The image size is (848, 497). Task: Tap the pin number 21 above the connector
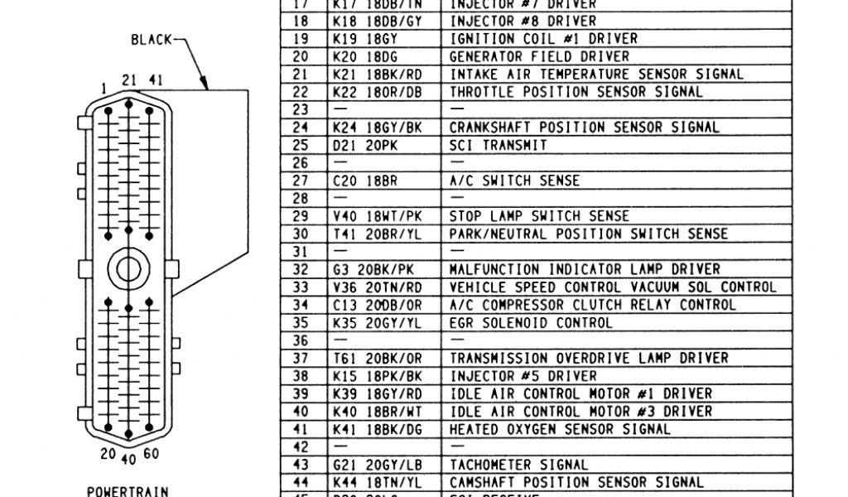[x=128, y=80]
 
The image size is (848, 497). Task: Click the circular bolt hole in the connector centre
[x=128, y=268]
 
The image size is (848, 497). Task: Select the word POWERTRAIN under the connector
[x=128, y=490]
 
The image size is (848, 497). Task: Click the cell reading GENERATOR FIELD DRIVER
[x=538, y=56]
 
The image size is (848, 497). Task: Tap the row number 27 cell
[x=300, y=181]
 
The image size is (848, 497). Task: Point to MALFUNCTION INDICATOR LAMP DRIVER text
[x=585, y=269]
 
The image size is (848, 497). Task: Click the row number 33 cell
[x=300, y=287]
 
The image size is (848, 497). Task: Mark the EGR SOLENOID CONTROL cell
[x=531, y=322]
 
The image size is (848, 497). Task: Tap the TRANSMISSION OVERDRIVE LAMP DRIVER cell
[x=589, y=358]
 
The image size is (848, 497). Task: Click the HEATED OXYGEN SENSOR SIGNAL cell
[x=560, y=429]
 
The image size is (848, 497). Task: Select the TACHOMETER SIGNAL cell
[x=518, y=465]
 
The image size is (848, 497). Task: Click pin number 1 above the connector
[x=104, y=87]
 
